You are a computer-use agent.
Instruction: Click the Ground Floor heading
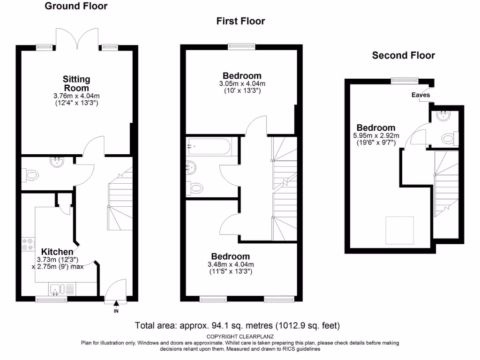(75, 6)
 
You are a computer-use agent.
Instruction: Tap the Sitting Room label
(76, 83)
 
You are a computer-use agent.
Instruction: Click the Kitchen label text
(57, 252)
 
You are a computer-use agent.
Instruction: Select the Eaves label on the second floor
(420, 95)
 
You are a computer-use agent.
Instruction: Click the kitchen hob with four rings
(28, 244)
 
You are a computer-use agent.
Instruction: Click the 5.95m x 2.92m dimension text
(376, 135)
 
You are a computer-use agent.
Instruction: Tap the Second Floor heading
(403, 55)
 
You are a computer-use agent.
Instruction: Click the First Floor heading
(240, 21)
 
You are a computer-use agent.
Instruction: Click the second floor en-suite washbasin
(442, 116)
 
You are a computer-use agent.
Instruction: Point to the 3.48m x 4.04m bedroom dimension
(230, 264)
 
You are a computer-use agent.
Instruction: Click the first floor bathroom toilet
(196, 188)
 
